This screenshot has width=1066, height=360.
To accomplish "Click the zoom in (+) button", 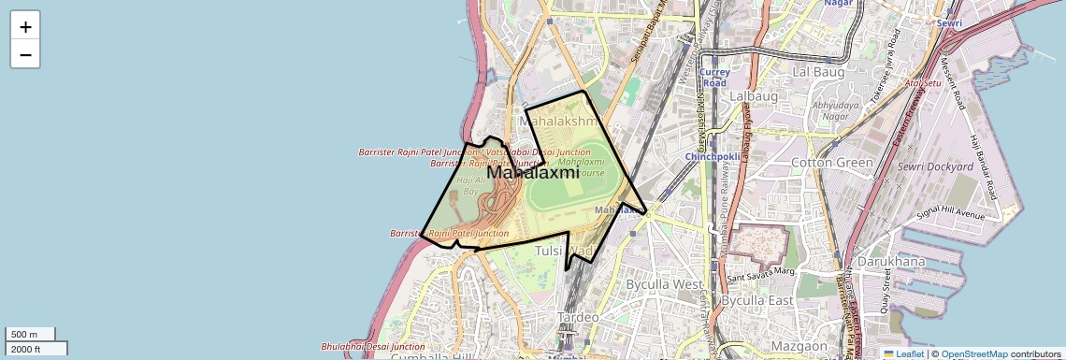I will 25,27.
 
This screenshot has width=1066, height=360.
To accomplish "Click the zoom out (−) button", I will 25,55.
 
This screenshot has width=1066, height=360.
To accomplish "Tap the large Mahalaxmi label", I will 533,173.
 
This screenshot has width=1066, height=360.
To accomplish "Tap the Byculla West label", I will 664,283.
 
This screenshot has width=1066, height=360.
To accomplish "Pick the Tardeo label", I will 578,318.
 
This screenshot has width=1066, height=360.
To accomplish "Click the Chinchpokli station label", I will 713,155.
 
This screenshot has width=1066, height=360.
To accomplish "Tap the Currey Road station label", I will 714,78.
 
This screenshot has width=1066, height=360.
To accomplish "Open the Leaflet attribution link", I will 903,354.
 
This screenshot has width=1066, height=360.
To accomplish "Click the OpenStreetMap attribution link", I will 973,354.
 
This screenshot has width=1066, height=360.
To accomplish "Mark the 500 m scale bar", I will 30,335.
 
